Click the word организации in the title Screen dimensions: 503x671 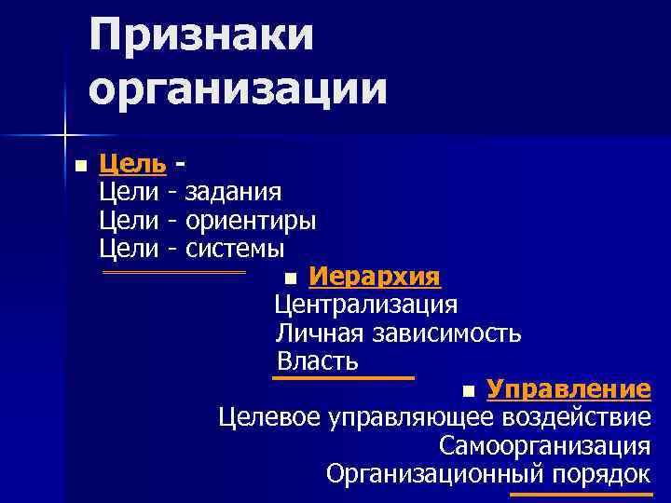tap(239, 89)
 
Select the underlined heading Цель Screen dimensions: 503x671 tap(132, 165)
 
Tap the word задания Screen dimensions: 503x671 tap(233, 193)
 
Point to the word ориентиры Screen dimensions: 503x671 tap(251, 221)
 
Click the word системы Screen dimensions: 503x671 tap(235, 249)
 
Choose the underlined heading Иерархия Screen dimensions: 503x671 tap(374, 278)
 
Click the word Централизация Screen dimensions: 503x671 tap(366, 306)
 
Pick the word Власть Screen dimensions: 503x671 tap(318, 361)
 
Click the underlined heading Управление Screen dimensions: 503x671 tap(568, 388)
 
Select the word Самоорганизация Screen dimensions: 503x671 tap(545, 445)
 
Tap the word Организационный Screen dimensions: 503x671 tap(434, 473)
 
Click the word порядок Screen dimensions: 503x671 tap(600, 473)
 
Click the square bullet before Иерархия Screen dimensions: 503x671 tap(292, 279)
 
